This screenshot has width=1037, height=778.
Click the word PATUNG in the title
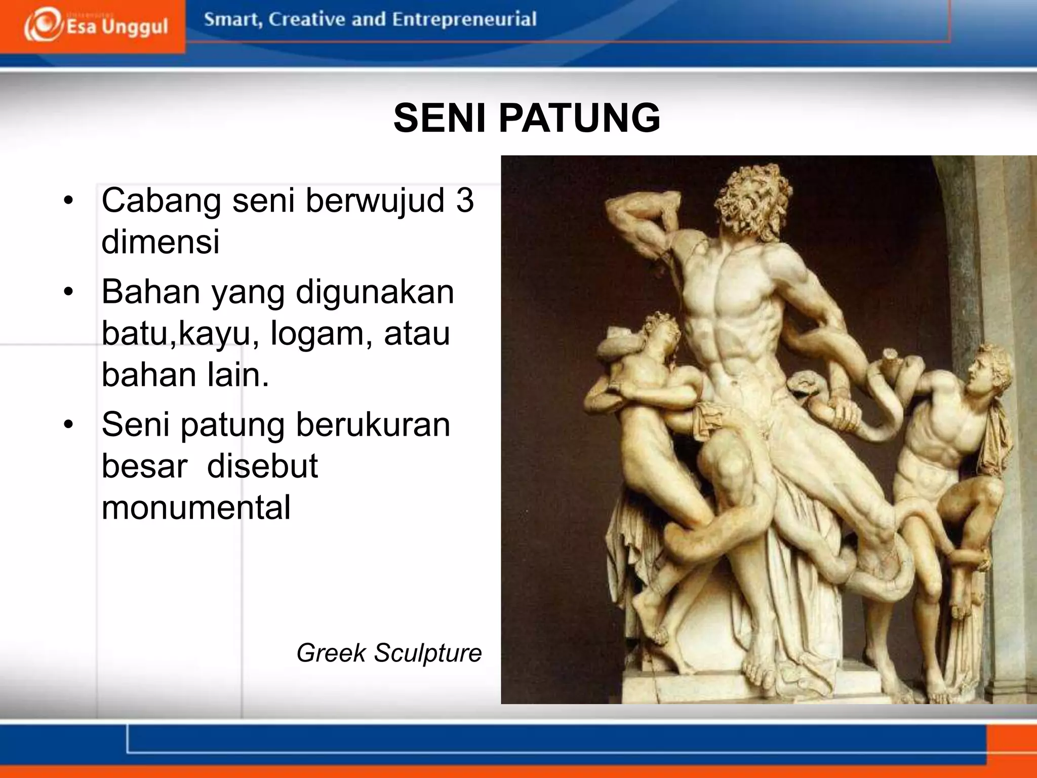click(x=579, y=118)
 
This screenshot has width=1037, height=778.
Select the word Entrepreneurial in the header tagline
click(x=464, y=19)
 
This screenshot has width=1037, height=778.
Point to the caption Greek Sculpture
click(x=389, y=652)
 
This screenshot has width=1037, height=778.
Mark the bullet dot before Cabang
click(x=69, y=201)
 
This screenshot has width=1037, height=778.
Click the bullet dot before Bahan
click(x=69, y=293)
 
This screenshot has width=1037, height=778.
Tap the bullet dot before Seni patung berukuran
click(x=69, y=425)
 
